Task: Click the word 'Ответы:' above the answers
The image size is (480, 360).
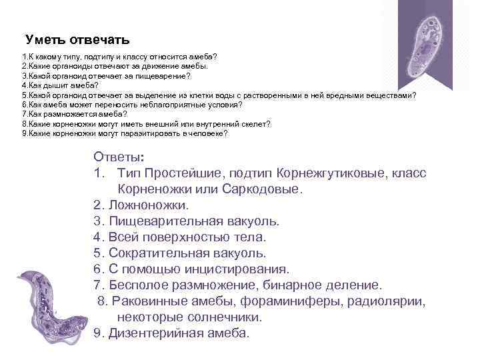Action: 118,158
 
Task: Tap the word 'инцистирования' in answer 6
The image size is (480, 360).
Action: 241,269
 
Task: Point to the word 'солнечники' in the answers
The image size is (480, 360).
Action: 227,317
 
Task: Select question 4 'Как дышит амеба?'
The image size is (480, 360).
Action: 60,86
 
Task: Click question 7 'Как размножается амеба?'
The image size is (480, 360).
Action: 74,114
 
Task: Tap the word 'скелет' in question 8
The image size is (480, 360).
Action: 255,124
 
